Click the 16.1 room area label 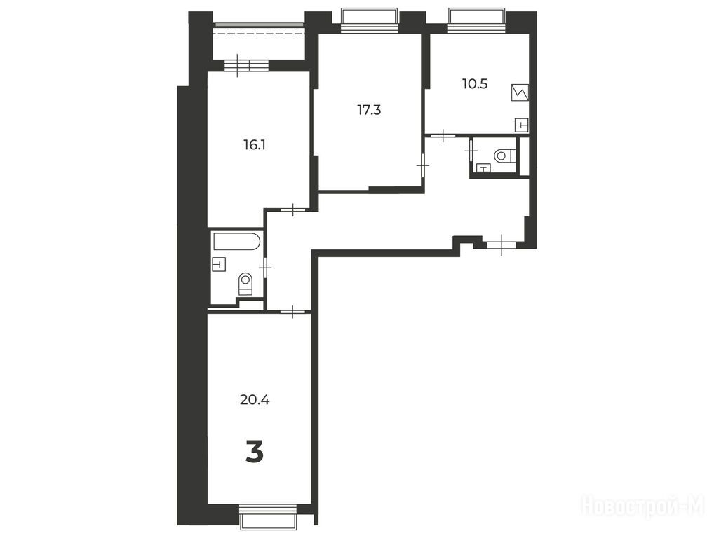255,145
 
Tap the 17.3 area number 369,109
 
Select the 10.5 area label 475,83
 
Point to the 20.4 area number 255,400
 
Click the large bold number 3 255,453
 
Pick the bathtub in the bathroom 237,241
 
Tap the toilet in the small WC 505,156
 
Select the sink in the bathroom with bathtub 220,264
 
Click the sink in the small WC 483,168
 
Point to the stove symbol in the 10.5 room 520,92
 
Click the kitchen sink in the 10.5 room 521,124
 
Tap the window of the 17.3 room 370,21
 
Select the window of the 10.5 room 477,21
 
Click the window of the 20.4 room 268,516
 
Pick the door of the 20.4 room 292,312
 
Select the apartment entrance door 501,244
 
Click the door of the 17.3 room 423,167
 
